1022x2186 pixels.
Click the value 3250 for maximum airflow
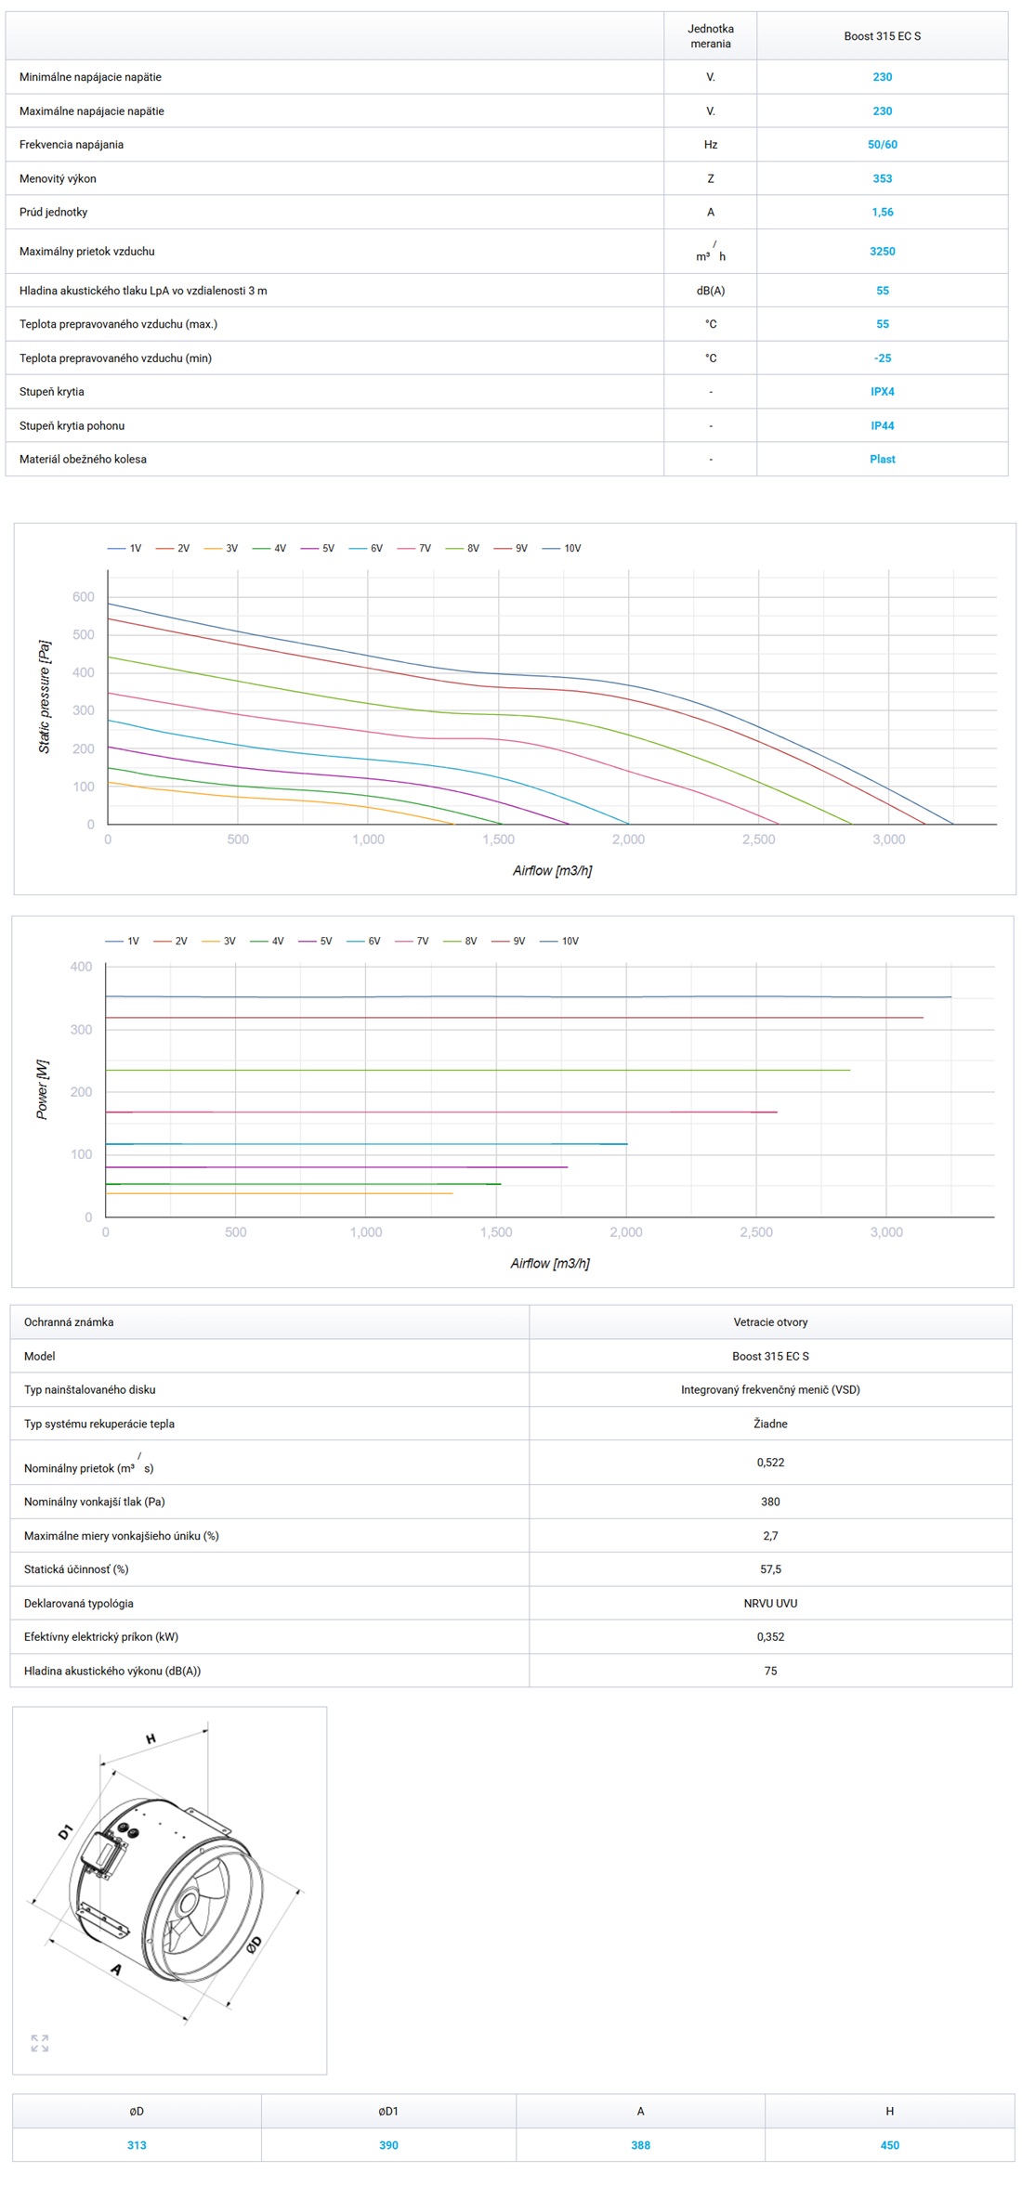882,252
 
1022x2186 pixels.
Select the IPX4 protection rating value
882,392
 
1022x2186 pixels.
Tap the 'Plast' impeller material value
882,460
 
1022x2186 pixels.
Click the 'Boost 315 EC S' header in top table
882,36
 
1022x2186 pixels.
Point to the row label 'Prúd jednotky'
54,213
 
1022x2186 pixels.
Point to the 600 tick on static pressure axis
84,597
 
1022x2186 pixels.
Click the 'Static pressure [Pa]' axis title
44,696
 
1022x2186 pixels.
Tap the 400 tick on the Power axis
82,967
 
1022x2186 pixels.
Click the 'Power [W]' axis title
42,1089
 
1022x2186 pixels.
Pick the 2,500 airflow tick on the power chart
755,1232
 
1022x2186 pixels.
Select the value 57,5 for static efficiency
770,1569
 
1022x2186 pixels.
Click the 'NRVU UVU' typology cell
770,1604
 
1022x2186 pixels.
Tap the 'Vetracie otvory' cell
770,1322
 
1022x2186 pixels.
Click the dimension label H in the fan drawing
151,1738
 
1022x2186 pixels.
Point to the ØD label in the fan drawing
254,1944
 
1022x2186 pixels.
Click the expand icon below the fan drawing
40,2044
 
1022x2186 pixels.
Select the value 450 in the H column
889,2145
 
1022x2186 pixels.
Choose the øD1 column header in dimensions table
388,2112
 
